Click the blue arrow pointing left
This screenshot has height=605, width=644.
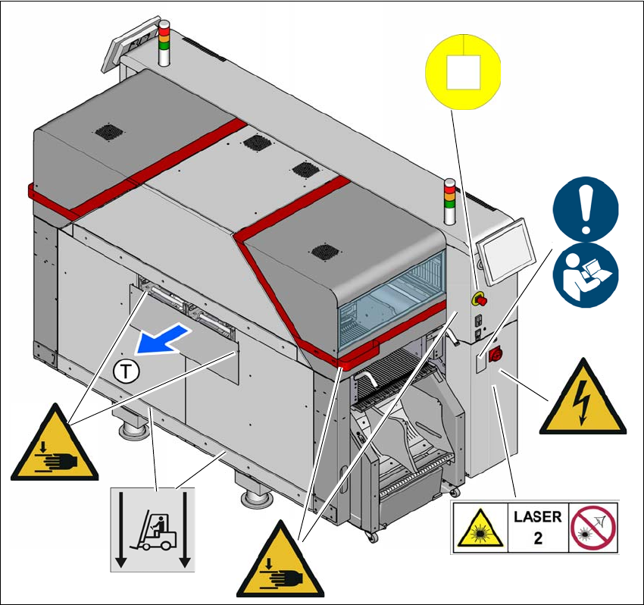(x=161, y=339)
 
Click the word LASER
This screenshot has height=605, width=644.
(x=537, y=517)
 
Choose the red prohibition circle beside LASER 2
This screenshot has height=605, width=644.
(x=594, y=528)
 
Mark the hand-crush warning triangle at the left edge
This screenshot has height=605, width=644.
(x=55, y=447)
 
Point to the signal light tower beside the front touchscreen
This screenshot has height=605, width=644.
(x=450, y=202)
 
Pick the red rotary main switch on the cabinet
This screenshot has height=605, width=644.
(x=498, y=354)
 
